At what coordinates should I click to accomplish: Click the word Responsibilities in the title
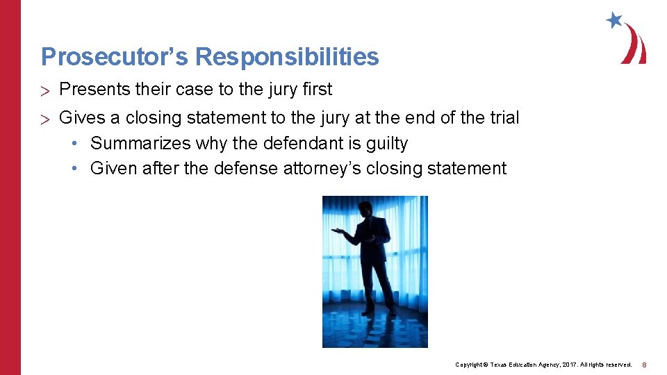coord(287,57)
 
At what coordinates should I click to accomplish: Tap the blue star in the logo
coord(614,20)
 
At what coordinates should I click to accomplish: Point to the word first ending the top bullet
coord(317,90)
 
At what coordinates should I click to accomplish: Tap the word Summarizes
coord(141,144)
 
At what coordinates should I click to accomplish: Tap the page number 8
coord(644,365)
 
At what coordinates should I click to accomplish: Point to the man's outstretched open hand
coord(336,231)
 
